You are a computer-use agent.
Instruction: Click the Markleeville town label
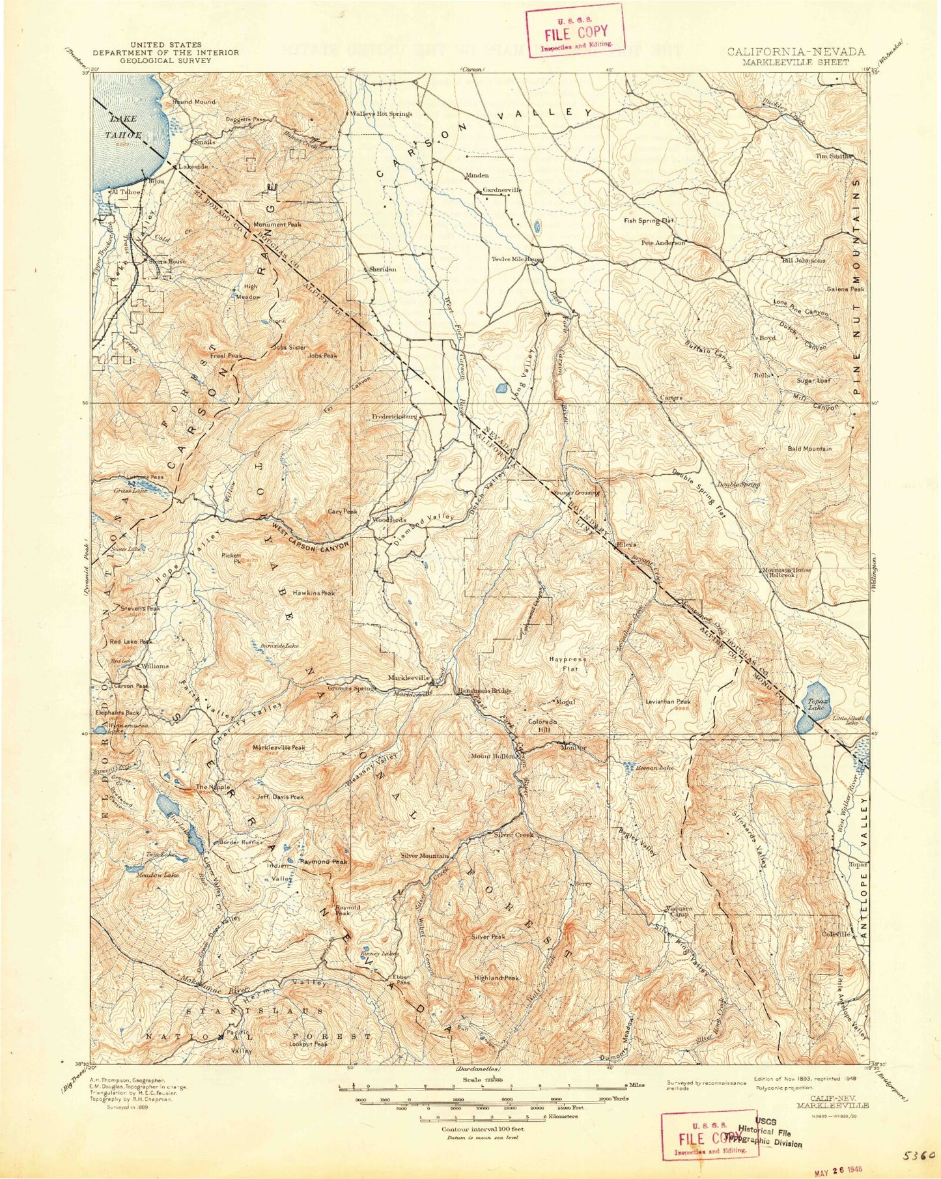[408, 677]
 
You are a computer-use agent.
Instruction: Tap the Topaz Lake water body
[809, 707]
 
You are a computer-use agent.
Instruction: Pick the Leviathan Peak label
[667, 702]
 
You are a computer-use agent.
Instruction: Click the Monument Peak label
[277, 224]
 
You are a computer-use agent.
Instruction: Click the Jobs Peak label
[323, 356]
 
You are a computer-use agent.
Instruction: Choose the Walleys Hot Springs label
[381, 113]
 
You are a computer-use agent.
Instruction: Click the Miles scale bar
[483, 1086]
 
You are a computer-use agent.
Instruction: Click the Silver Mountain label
[425, 855]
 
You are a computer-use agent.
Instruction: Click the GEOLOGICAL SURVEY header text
[165, 60]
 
